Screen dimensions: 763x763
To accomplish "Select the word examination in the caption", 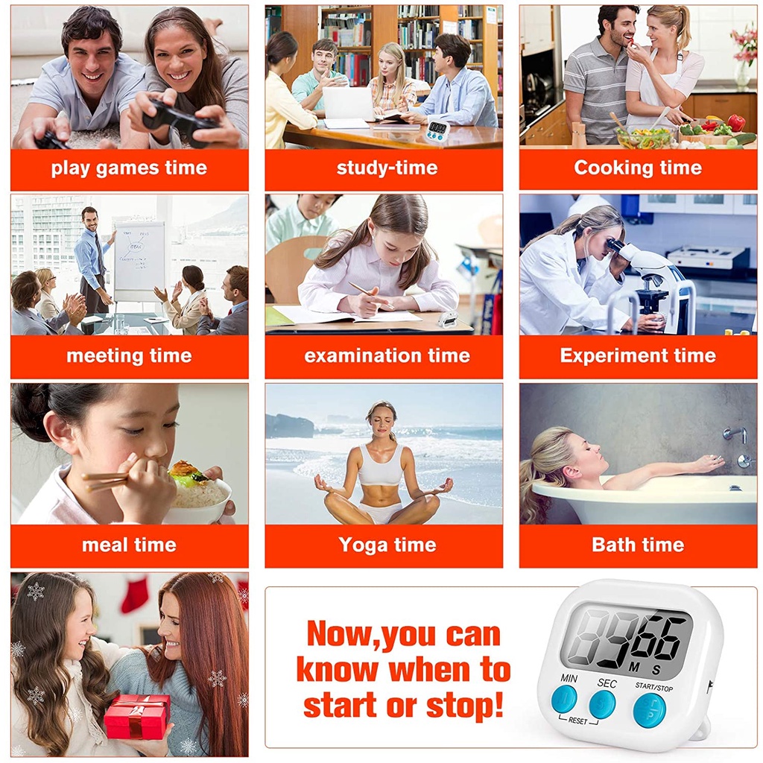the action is tap(363, 355).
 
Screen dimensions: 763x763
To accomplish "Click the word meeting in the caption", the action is tap(104, 356).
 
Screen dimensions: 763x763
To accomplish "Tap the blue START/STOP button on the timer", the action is tap(649, 711).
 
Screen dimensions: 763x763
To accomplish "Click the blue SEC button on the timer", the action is tap(602, 703).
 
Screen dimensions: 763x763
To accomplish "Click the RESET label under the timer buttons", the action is tap(578, 721).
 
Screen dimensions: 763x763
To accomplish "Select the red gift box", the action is tap(138, 717).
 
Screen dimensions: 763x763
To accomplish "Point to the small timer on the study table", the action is tap(437, 130).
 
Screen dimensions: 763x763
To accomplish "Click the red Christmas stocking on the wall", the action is tap(134, 595).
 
